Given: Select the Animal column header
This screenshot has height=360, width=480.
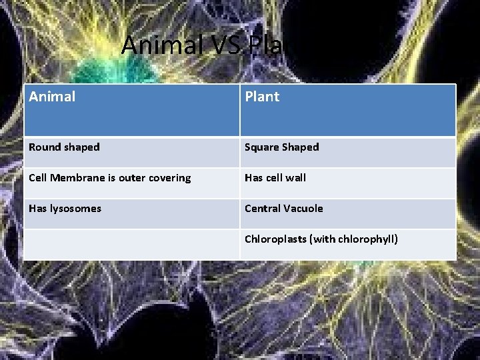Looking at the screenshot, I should tap(52, 97).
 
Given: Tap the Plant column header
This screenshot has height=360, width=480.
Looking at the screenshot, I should tap(262, 97).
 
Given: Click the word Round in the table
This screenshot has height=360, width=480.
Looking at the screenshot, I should tap(45, 147).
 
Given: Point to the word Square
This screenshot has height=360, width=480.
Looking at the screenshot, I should tap(261, 147).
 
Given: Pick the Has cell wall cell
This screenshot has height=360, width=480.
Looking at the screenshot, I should tap(275, 178).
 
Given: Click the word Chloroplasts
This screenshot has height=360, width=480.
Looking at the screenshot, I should tap(275, 239).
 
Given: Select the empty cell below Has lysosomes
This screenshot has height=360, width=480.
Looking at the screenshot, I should tap(131, 245).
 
